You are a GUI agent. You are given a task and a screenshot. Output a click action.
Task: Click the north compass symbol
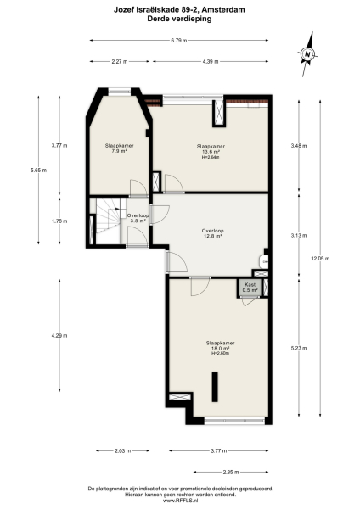(x=307, y=54)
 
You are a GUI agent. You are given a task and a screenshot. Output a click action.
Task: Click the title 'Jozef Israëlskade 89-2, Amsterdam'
(x=180, y=9)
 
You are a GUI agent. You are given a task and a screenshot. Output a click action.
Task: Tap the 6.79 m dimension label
(x=178, y=40)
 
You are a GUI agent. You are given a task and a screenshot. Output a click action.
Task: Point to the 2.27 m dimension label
(x=120, y=61)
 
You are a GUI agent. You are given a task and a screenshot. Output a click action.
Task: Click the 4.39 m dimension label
(x=211, y=61)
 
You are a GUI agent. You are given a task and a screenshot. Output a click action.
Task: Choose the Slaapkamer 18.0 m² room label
(x=220, y=345)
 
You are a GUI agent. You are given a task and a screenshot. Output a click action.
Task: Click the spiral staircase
(x=106, y=223)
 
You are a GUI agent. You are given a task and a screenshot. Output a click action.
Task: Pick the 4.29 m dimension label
(x=54, y=336)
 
